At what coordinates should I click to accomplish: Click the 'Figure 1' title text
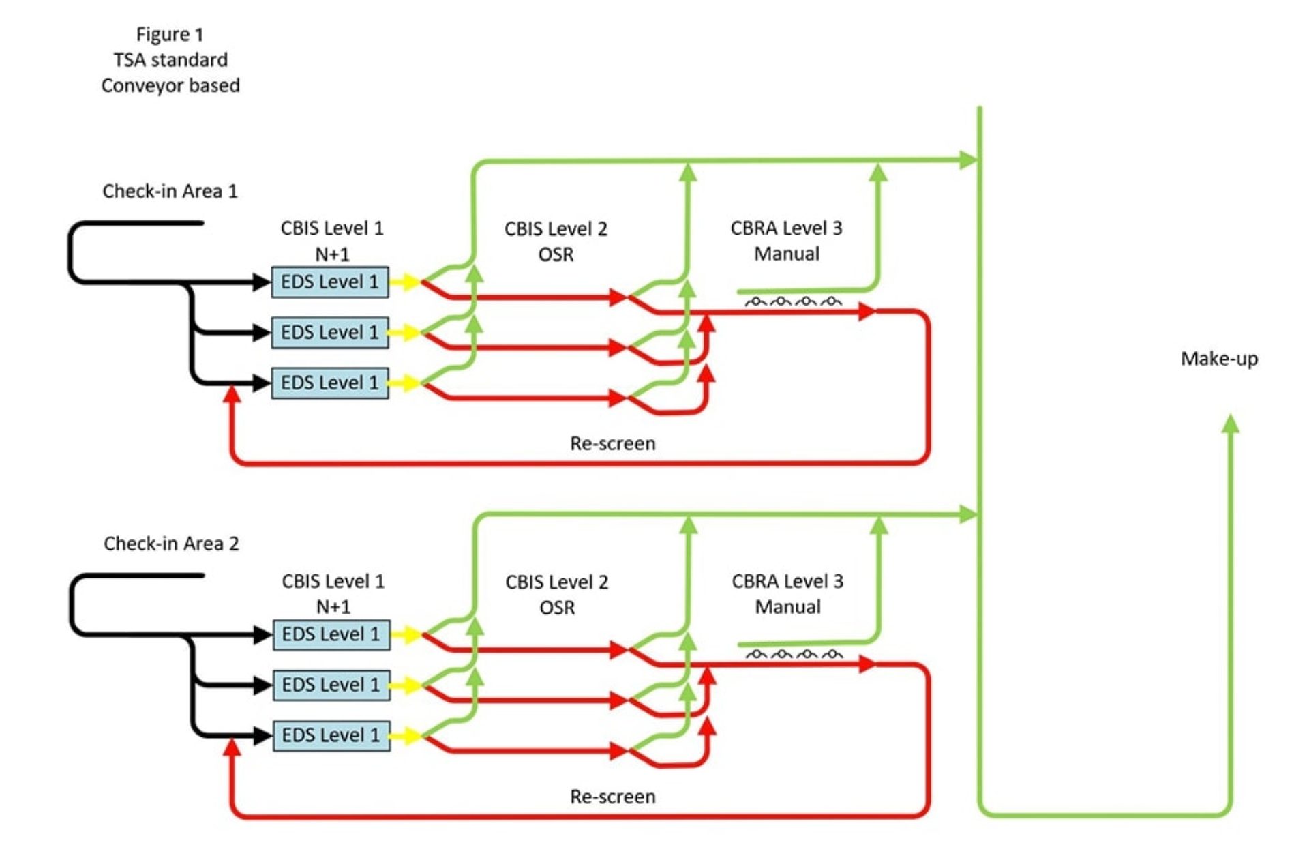pyautogui.click(x=170, y=34)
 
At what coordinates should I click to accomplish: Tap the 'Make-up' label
pyautogui.click(x=1219, y=359)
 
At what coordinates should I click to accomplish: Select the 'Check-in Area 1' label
pyautogui.click(x=170, y=191)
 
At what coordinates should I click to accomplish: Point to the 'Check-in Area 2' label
pyautogui.click(x=171, y=544)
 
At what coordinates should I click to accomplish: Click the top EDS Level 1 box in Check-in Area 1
pyautogui.click(x=330, y=282)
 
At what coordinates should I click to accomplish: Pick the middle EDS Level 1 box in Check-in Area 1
pyautogui.click(x=330, y=332)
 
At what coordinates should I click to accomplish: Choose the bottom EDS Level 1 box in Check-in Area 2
pyautogui.click(x=331, y=735)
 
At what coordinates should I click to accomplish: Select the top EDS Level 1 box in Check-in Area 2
pyautogui.click(x=331, y=634)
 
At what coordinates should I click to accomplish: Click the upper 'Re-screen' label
pyautogui.click(x=612, y=443)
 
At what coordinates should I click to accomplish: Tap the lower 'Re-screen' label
pyautogui.click(x=612, y=797)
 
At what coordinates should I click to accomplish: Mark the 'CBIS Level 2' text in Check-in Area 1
pyautogui.click(x=556, y=228)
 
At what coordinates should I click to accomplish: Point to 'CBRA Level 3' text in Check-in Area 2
pyautogui.click(x=787, y=581)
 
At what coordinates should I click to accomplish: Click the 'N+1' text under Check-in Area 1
pyautogui.click(x=332, y=254)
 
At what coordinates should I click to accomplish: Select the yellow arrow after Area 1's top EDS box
pyautogui.click(x=406, y=282)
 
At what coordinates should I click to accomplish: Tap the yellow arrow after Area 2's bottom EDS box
pyautogui.click(x=408, y=735)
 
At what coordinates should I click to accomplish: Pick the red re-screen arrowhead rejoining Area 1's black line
pyautogui.click(x=232, y=394)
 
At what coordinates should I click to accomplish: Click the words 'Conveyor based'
pyautogui.click(x=170, y=86)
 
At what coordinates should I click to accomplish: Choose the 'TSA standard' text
pyautogui.click(x=170, y=60)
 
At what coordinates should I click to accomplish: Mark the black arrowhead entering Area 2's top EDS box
pyautogui.click(x=262, y=635)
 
